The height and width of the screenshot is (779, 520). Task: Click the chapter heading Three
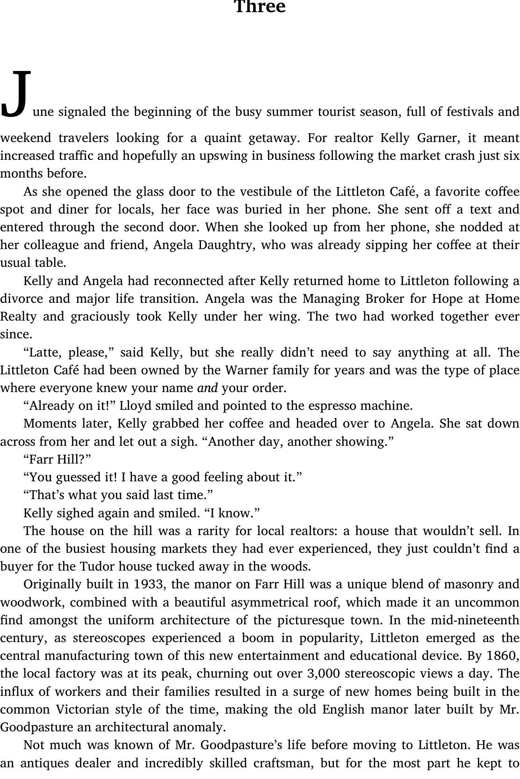pos(260,7)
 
